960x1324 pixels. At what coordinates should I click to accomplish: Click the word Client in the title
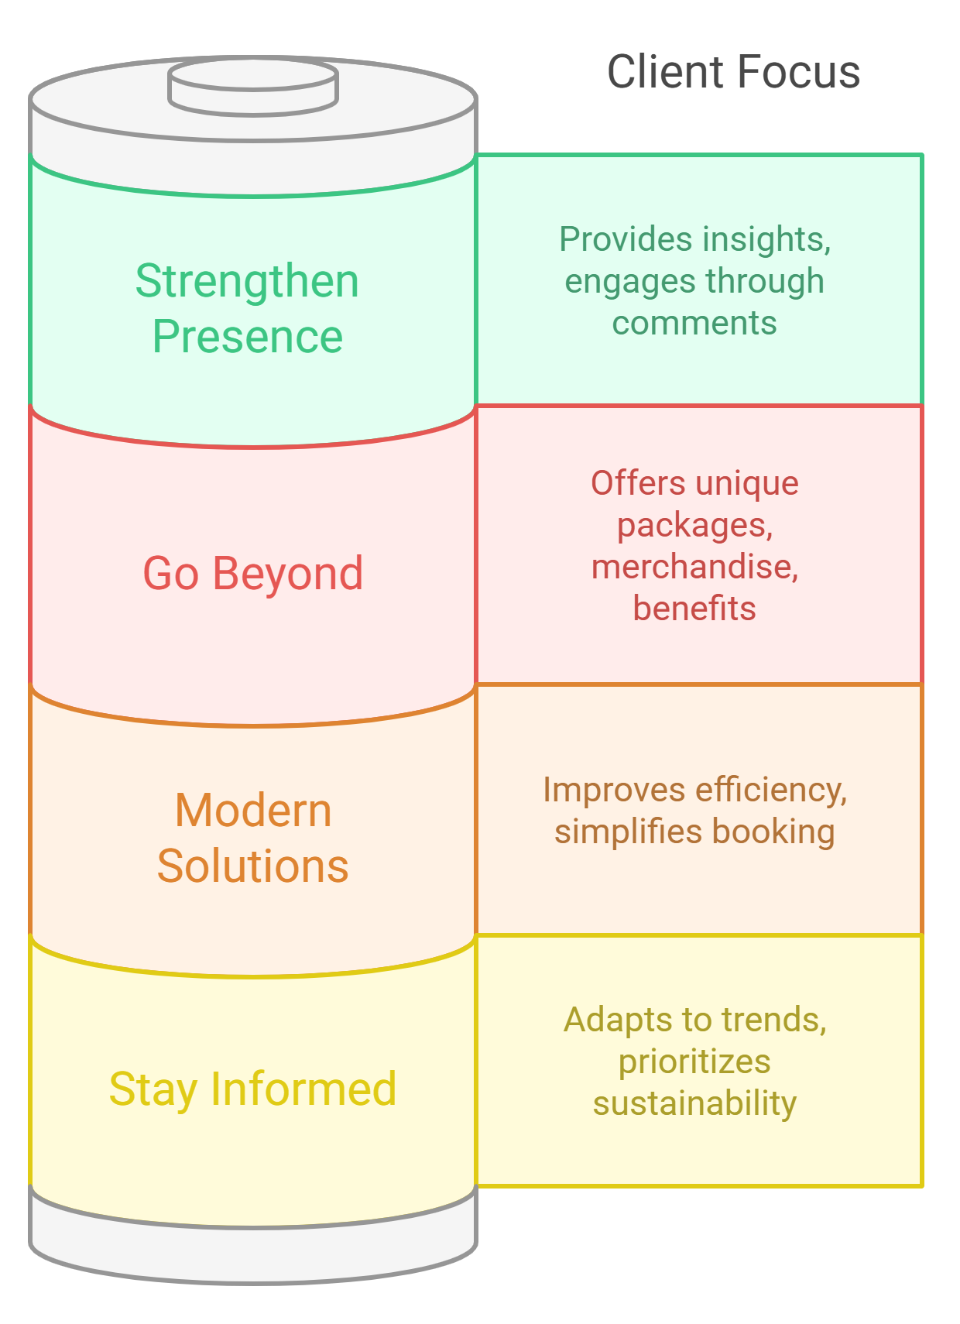665,72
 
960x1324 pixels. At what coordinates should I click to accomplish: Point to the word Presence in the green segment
247,336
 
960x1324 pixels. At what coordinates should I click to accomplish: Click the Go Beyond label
253,573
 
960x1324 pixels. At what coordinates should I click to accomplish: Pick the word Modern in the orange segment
253,811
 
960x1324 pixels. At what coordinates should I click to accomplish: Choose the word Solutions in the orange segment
253,866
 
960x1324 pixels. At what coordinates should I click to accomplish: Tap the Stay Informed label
253,1089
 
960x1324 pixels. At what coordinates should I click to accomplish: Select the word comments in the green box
694,323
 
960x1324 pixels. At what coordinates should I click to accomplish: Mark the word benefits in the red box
694,609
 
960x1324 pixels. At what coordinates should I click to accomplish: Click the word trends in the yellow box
774,1020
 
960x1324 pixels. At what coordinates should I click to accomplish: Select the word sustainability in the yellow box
694,1103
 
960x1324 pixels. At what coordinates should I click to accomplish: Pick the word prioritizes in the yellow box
694,1062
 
